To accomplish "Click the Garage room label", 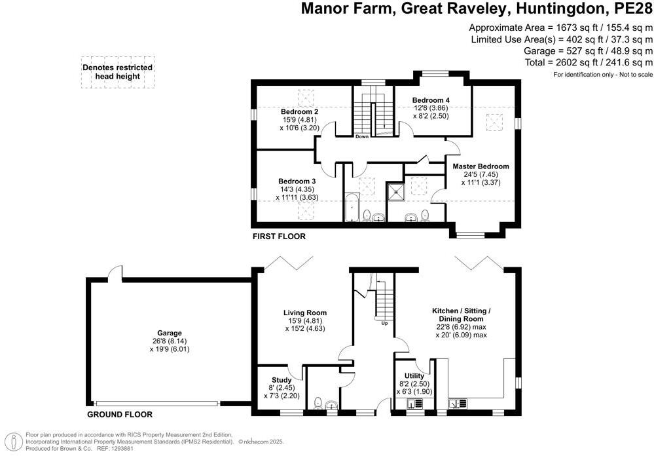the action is click(x=170, y=333).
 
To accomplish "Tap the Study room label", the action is click(x=282, y=380).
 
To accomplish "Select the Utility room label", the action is click(x=414, y=376).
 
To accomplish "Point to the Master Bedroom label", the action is click(x=481, y=166).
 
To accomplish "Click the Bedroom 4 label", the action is click(x=431, y=100).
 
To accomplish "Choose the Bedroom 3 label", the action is click(x=297, y=181).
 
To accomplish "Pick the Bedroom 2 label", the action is click(x=299, y=112).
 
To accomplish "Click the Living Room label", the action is click(x=305, y=313).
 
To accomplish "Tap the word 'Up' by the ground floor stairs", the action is click(x=384, y=323).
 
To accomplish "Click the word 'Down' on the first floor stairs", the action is click(x=361, y=136).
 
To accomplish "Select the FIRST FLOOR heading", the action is click(x=279, y=237).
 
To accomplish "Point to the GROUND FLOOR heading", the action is click(x=120, y=414).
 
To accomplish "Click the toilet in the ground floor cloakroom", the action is click(x=318, y=403).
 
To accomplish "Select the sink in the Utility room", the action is click(x=414, y=404).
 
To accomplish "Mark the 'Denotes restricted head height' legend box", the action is click(x=118, y=72).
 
